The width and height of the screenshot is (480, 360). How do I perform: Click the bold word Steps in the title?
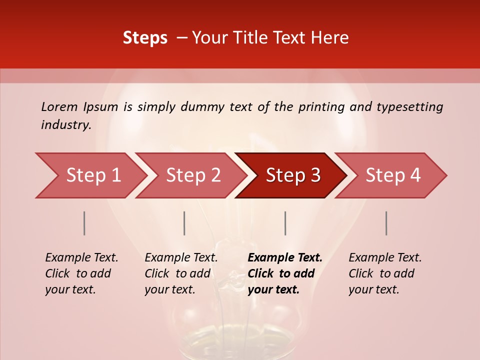pos(145,38)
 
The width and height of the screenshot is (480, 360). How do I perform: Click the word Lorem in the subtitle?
pos(59,106)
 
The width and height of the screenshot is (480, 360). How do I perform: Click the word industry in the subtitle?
pos(65,124)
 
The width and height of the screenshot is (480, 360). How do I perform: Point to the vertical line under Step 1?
pos(84,223)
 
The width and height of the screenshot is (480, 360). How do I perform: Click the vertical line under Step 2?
pos(184,223)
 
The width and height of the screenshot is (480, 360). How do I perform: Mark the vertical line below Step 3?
pos(285,223)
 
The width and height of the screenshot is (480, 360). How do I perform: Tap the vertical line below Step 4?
pos(386,223)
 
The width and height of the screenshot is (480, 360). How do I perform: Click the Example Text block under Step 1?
pos(81,273)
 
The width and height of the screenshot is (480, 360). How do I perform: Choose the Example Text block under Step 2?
pos(181,273)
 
